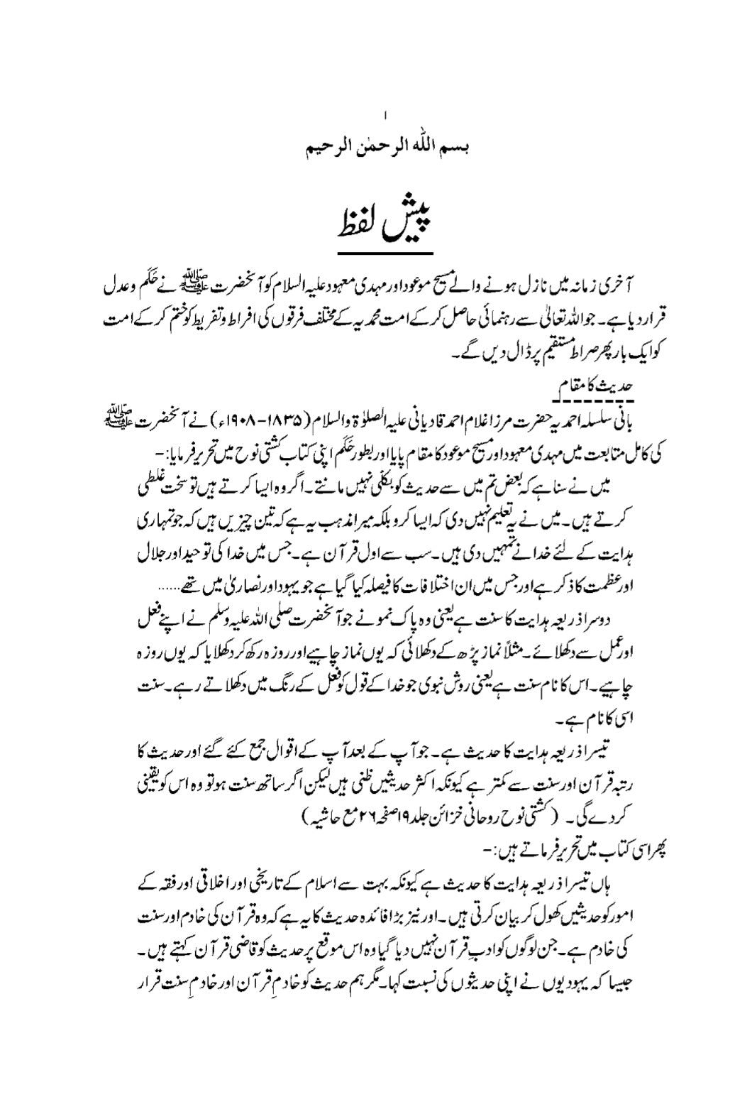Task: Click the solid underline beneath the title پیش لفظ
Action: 386,253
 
